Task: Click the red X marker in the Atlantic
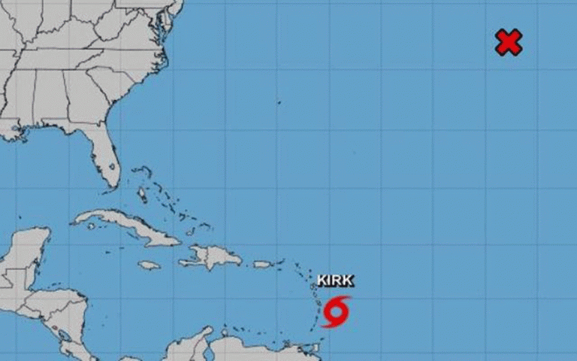pos(509,42)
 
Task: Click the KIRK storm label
pos(335,281)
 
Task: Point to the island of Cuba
pos(128,226)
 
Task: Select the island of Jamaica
pos(150,265)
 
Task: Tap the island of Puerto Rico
pos(262,264)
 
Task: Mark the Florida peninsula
pos(105,158)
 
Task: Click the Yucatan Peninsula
pos(26,256)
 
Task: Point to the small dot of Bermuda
pos(278,102)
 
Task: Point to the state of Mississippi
pos(26,102)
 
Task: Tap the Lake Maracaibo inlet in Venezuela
pos(204,347)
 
